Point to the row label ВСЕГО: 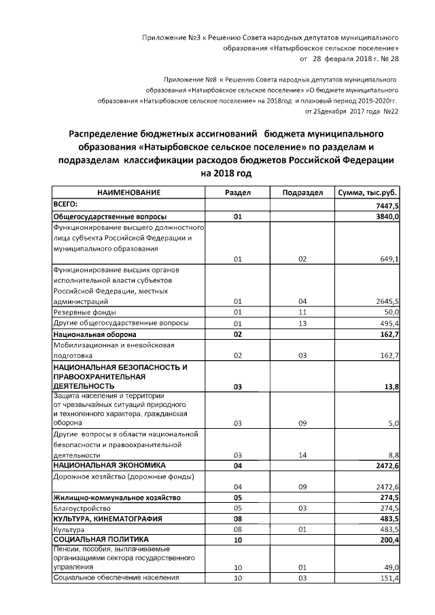tap(66, 204)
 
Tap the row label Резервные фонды tap(80, 312)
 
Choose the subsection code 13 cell tap(302, 323)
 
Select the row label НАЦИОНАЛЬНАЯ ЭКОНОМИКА tap(109, 465)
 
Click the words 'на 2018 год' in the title tap(226, 173)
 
